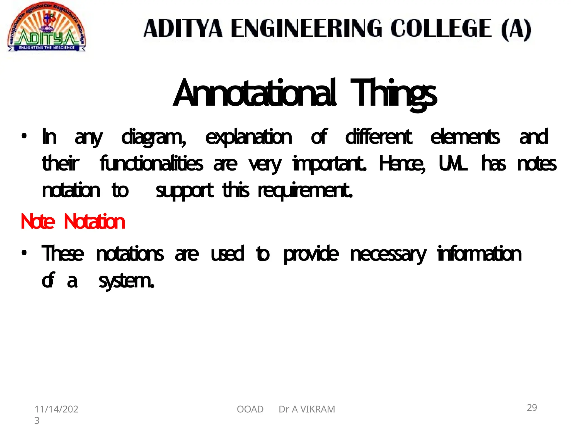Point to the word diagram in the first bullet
tap(154, 137)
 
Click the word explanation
tap(248, 137)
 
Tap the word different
tap(378, 137)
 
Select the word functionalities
tap(151, 164)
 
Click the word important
tap(329, 164)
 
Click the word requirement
tap(305, 191)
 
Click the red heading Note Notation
tap(73, 222)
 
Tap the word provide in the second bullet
tap(311, 254)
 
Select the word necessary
tap(388, 254)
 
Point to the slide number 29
tap(532, 408)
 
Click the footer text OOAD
tap(250, 409)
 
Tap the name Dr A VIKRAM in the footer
tap(307, 409)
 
